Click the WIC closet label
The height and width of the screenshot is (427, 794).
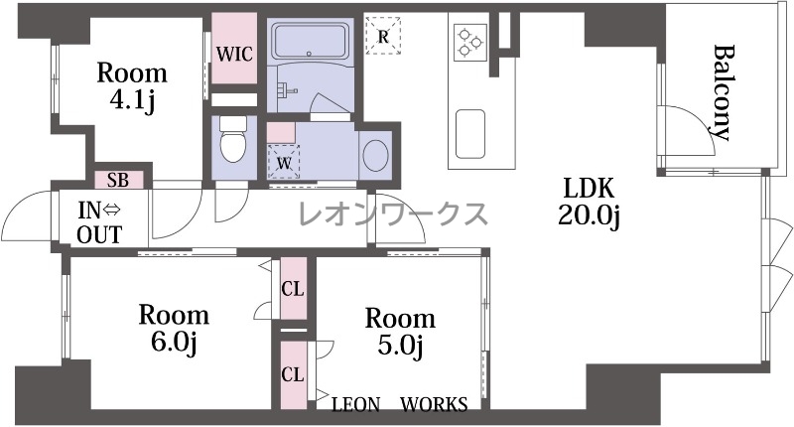234,54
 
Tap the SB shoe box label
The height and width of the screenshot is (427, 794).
118,180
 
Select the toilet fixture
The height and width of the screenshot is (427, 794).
233,139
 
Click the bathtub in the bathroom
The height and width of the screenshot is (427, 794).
311,42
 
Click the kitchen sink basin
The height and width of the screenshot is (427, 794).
469,133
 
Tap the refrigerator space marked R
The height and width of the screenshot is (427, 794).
383,36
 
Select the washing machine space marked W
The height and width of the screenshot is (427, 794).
284,162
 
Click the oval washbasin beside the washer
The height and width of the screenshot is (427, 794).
376,155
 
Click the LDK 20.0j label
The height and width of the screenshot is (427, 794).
590,202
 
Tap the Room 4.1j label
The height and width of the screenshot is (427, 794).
132,86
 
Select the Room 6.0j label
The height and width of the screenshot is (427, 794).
174,329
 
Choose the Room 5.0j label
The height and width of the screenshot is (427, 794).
400,332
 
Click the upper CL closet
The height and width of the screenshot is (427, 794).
293,289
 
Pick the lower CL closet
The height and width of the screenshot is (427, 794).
293,374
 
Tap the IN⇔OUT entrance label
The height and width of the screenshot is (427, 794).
100,222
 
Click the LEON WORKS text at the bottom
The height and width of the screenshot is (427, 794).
400,404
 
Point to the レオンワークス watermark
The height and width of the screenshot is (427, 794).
393,213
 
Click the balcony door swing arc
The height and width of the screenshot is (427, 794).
702,119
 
